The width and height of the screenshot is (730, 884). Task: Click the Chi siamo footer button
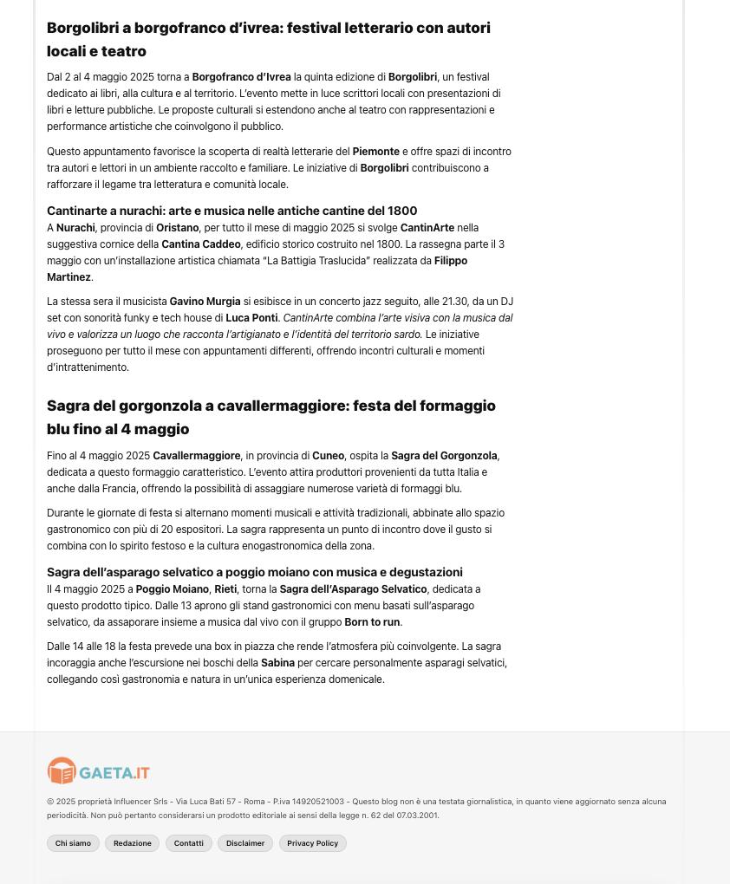(73, 843)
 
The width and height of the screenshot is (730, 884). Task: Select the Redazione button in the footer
(133, 843)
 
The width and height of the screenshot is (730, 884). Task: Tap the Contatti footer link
(188, 843)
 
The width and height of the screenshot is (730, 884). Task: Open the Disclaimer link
(245, 843)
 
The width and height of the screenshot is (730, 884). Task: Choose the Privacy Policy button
(313, 843)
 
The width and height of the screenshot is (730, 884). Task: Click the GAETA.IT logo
(99, 770)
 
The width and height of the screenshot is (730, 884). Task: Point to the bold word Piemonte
(375, 152)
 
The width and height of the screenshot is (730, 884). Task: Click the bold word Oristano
(178, 228)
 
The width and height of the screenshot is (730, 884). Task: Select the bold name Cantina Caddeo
(201, 244)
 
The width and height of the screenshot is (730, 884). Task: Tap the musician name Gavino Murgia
(205, 302)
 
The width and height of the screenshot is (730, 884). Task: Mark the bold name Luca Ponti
(251, 318)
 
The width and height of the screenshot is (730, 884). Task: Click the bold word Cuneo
(328, 456)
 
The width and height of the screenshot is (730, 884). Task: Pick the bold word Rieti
(225, 589)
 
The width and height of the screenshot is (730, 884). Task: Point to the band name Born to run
(372, 622)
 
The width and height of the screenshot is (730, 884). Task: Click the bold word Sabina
(277, 663)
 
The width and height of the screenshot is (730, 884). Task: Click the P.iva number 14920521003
(318, 802)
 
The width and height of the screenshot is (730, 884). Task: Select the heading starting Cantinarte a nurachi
(231, 211)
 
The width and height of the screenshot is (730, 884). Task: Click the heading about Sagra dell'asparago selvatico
(254, 572)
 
